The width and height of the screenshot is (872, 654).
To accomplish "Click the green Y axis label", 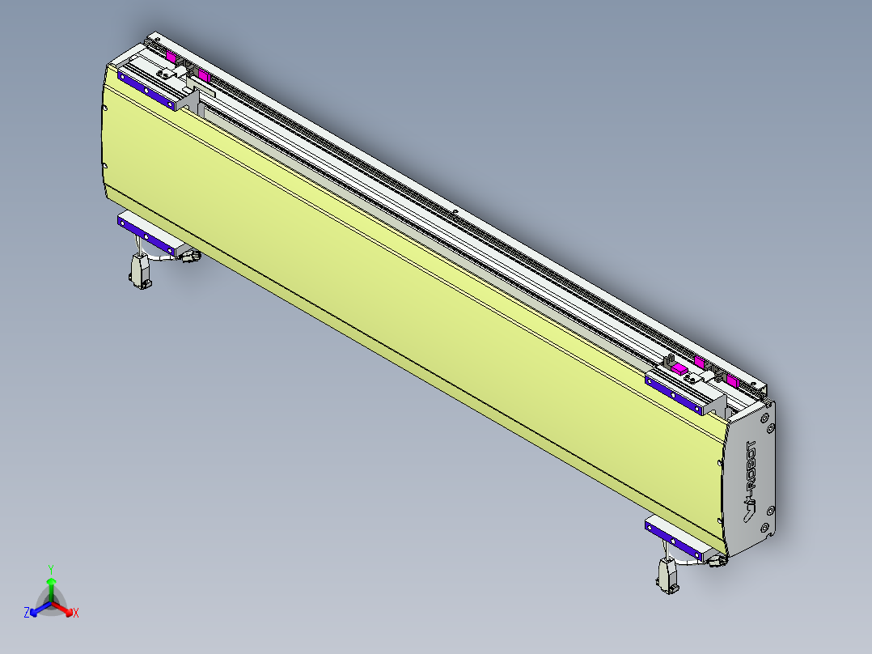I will [50, 569].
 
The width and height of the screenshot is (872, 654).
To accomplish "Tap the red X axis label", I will [76, 614].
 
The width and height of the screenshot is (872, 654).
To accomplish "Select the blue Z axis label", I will [27, 614].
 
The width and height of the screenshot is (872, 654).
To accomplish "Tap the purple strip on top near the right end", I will [675, 392].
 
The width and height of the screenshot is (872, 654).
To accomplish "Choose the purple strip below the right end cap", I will [675, 535].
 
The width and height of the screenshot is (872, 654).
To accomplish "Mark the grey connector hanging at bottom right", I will [668, 576].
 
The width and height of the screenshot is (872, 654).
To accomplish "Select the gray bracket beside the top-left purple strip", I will [188, 98].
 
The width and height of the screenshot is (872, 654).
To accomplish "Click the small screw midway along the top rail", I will [455, 212].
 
